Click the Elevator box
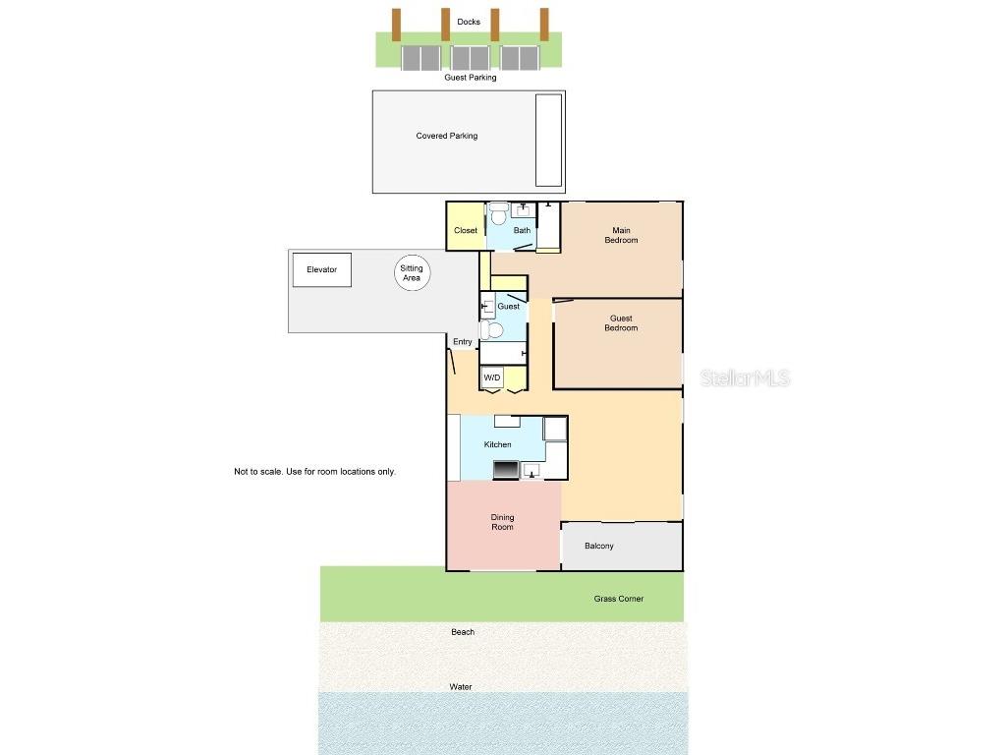[x=321, y=269]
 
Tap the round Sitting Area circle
[x=412, y=273]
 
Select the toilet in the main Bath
[x=498, y=213]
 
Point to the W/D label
[x=492, y=377]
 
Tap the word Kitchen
[x=497, y=444]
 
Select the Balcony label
[x=598, y=546]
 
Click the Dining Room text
[x=502, y=522]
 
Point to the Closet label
[x=466, y=231]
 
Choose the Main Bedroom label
[x=620, y=235]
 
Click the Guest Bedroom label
[x=620, y=322]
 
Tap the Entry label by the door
[x=462, y=342]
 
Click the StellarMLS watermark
[x=746, y=378]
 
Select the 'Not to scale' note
[x=314, y=472]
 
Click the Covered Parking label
[x=447, y=136]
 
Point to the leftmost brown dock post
[x=396, y=25]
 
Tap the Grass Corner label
[x=618, y=598]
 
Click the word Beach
[x=463, y=632]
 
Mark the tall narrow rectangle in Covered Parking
[x=548, y=140]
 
